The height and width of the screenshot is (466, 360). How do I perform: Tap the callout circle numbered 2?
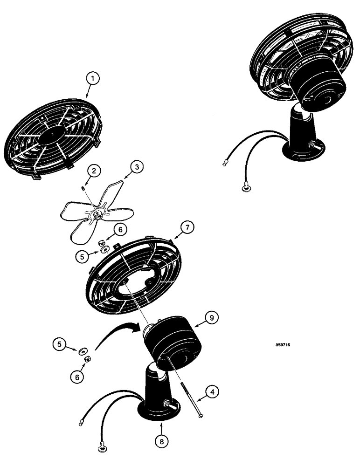pyautogui.click(x=94, y=171)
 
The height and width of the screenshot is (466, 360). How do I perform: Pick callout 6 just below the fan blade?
pyautogui.click(x=120, y=229)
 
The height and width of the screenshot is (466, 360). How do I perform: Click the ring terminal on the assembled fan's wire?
pyautogui.click(x=245, y=187)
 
